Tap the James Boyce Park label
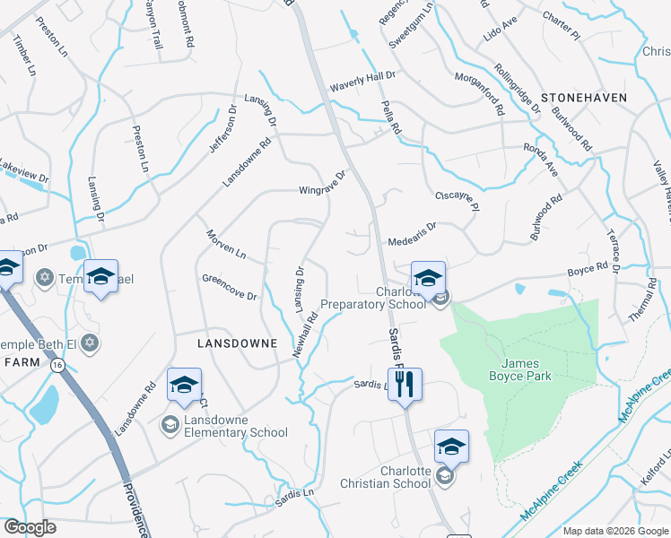click(527, 369)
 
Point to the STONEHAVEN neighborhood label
click(583, 96)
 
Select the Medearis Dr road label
click(412, 235)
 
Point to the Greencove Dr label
click(230, 287)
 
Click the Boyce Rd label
click(588, 267)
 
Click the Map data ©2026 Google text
click(614, 531)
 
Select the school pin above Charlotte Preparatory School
click(428, 277)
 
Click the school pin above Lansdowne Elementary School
click(184, 385)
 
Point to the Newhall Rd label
click(305, 334)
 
